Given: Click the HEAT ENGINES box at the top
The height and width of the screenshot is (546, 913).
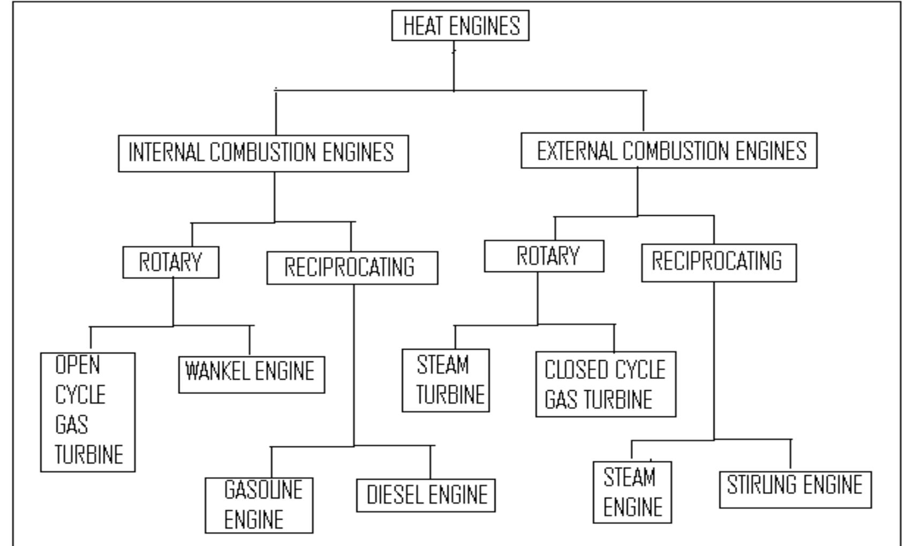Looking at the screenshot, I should [x=460, y=26].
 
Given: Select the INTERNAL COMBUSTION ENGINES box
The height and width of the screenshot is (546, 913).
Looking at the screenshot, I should [x=263, y=153].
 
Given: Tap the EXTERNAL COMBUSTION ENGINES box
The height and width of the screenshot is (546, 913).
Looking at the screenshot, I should [x=669, y=151].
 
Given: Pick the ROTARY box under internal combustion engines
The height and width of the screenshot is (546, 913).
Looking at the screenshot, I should [x=170, y=262].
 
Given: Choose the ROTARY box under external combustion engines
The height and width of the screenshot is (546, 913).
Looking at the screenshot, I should [x=544, y=256].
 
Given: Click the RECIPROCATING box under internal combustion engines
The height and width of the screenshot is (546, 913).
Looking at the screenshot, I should [x=352, y=268].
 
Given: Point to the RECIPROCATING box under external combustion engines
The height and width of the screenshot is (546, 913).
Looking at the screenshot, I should [x=719, y=262].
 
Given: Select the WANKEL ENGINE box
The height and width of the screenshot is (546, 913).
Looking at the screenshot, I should [x=251, y=375].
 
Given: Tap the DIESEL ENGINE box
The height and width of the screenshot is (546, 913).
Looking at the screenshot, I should [x=426, y=495].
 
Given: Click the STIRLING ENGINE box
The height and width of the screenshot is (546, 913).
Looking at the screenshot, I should [x=795, y=489].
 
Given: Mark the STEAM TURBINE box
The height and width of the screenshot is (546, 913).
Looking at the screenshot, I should [x=446, y=381].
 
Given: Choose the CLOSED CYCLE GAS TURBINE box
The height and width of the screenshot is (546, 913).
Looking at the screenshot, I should [x=606, y=384].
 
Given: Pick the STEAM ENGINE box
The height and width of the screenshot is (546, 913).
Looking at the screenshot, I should [x=632, y=492].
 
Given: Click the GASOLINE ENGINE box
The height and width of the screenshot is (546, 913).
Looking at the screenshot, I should [x=259, y=505].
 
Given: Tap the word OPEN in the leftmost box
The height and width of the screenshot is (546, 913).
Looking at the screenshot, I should [x=78, y=365].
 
